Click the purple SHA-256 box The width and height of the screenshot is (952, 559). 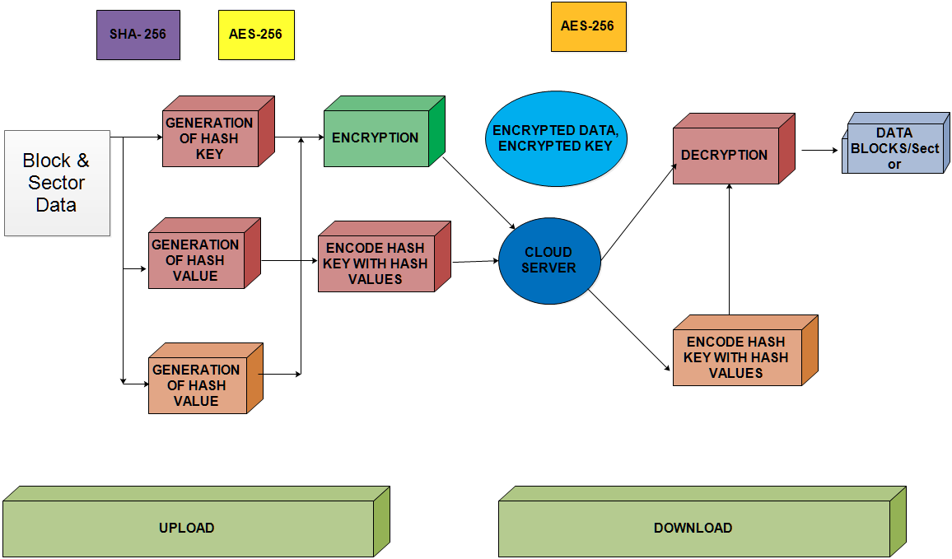point(138,35)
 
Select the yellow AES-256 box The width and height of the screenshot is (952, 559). point(255,35)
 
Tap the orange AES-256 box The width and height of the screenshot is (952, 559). point(587,26)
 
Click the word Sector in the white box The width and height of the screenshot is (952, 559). point(56,183)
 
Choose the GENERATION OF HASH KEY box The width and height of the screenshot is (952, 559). point(210,138)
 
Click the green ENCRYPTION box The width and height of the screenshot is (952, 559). point(376,138)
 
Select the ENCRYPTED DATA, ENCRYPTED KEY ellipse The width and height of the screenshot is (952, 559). point(555,138)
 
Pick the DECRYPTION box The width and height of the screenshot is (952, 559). point(725,155)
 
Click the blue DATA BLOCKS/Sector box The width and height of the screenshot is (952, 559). point(894,148)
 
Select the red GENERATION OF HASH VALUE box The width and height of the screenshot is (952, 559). point(196,260)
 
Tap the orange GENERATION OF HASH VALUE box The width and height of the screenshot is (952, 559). point(197,385)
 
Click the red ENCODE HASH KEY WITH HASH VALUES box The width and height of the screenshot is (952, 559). point(376,263)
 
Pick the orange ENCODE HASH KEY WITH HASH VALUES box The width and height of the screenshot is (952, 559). point(736,357)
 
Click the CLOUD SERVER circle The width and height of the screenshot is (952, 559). point(548,260)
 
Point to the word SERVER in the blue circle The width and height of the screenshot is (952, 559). point(548,268)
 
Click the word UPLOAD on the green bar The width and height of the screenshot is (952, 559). point(186,529)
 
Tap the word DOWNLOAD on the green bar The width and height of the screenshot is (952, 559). point(693,529)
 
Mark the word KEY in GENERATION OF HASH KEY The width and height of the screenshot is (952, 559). point(210,154)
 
